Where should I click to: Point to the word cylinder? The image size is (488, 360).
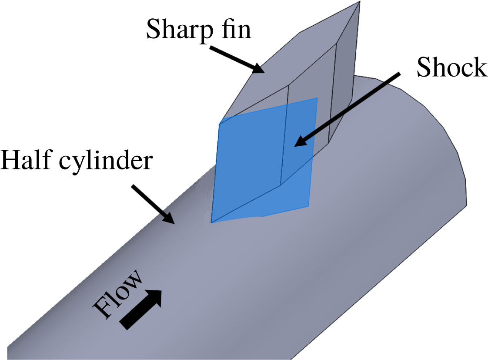coord(106,162)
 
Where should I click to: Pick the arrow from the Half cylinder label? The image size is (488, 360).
coord(153,204)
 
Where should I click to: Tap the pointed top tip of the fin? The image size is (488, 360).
coord(360,2)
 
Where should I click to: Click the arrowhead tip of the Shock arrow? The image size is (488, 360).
coord(294,147)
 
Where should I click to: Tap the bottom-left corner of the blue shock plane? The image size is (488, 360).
coord(211,223)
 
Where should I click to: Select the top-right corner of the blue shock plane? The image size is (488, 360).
coord(318,98)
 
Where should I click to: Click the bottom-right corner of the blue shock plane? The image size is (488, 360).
coord(308,206)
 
